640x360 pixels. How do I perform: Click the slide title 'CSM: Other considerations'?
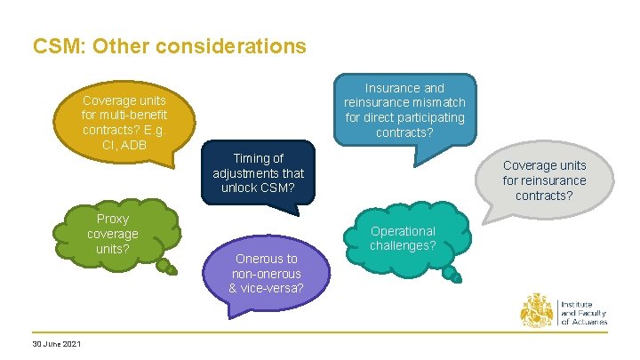169,45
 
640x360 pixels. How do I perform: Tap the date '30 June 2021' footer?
56,345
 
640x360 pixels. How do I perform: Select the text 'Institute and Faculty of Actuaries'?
584,313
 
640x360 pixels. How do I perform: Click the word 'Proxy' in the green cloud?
113,219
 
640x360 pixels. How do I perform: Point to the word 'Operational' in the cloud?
403,231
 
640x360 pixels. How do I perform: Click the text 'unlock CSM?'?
258,188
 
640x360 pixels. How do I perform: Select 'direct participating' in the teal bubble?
404,117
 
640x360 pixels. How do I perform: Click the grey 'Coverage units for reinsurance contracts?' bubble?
544,180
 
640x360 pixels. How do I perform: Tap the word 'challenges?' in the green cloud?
403,245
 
